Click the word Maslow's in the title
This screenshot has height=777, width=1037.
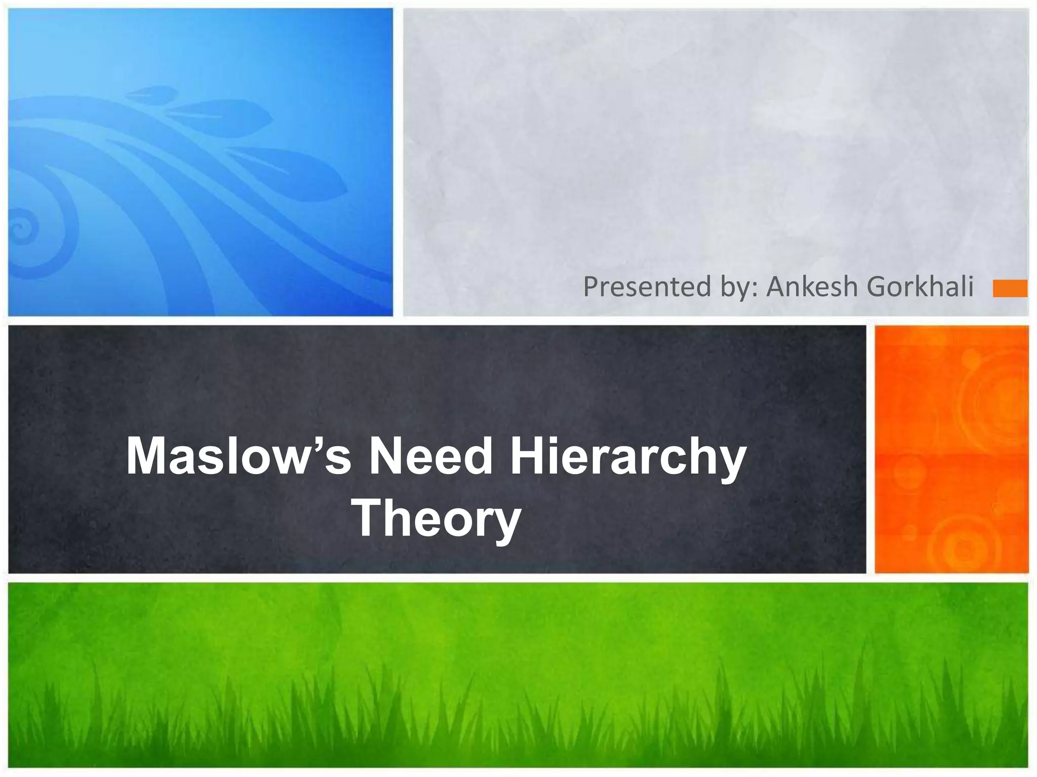[x=238, y=456]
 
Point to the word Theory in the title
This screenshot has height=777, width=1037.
[x=436, y=519]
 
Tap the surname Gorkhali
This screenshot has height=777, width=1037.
[x=920, y=286]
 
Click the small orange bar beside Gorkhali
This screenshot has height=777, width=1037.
[x=1010, y=288]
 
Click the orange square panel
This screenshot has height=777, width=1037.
[x=951, y=449]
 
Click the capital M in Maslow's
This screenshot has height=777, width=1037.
[x=147, y=456]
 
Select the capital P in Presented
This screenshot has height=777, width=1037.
[x=591, y=286]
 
